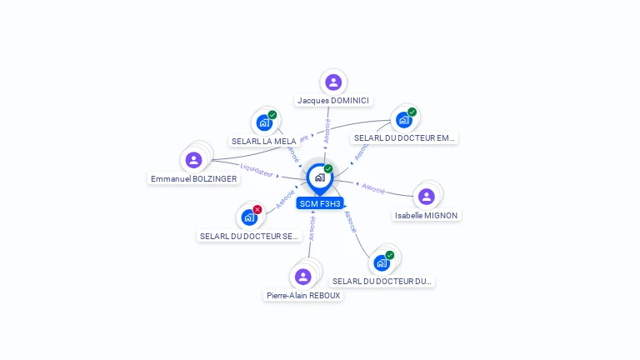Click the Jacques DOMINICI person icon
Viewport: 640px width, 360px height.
(333, 82)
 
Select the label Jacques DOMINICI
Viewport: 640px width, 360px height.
(333, 101)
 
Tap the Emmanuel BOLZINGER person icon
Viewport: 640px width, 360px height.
(194, 160)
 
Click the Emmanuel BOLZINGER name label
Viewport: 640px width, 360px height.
(194, 179)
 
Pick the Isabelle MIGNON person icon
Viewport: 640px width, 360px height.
(427, 197)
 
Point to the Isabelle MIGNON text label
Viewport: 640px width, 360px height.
(427, 216)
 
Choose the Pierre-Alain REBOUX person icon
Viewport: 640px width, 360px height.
(303, 277)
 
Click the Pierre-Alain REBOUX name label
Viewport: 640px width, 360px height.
(303, 296)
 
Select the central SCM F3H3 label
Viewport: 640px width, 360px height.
(320, 203)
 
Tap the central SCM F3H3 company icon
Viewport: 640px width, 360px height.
(319, 177)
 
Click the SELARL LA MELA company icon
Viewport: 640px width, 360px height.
(264, 122)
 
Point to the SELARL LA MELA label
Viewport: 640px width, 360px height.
(263, 142)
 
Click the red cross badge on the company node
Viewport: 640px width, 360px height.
(257, 209)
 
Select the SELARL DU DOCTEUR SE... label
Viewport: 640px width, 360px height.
(249, 237)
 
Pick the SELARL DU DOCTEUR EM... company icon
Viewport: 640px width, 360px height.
(404, 119)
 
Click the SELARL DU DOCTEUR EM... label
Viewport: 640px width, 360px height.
(404, 138)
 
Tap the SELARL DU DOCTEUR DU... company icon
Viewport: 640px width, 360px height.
(382, 262)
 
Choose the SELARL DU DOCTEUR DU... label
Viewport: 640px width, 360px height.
(382, 282)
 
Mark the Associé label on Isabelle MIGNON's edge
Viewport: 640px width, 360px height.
(373, 188)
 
